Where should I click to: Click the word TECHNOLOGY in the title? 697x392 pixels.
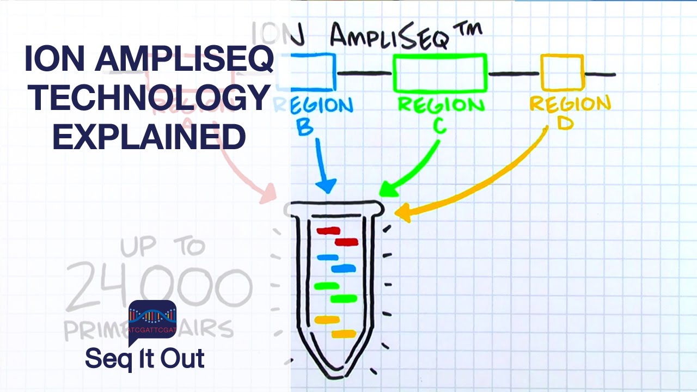[x=148, y=99]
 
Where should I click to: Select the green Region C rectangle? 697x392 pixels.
[x=439, y=72]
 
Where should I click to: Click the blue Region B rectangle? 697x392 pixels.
[x=313, y=72]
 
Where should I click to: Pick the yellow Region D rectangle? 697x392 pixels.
[x=561, y=72]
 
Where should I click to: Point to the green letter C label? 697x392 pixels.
[x=440, y=126]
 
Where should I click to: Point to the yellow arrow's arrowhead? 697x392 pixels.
[x=402, y=212]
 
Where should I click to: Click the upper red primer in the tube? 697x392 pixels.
[x=328, y=230]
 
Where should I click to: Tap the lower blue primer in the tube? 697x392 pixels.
[x=343, y=268]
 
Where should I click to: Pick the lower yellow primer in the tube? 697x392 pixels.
[x=344, y=333]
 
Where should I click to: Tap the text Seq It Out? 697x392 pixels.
[x=145, y=359]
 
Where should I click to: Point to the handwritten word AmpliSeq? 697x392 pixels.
[x=390, y=37]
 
